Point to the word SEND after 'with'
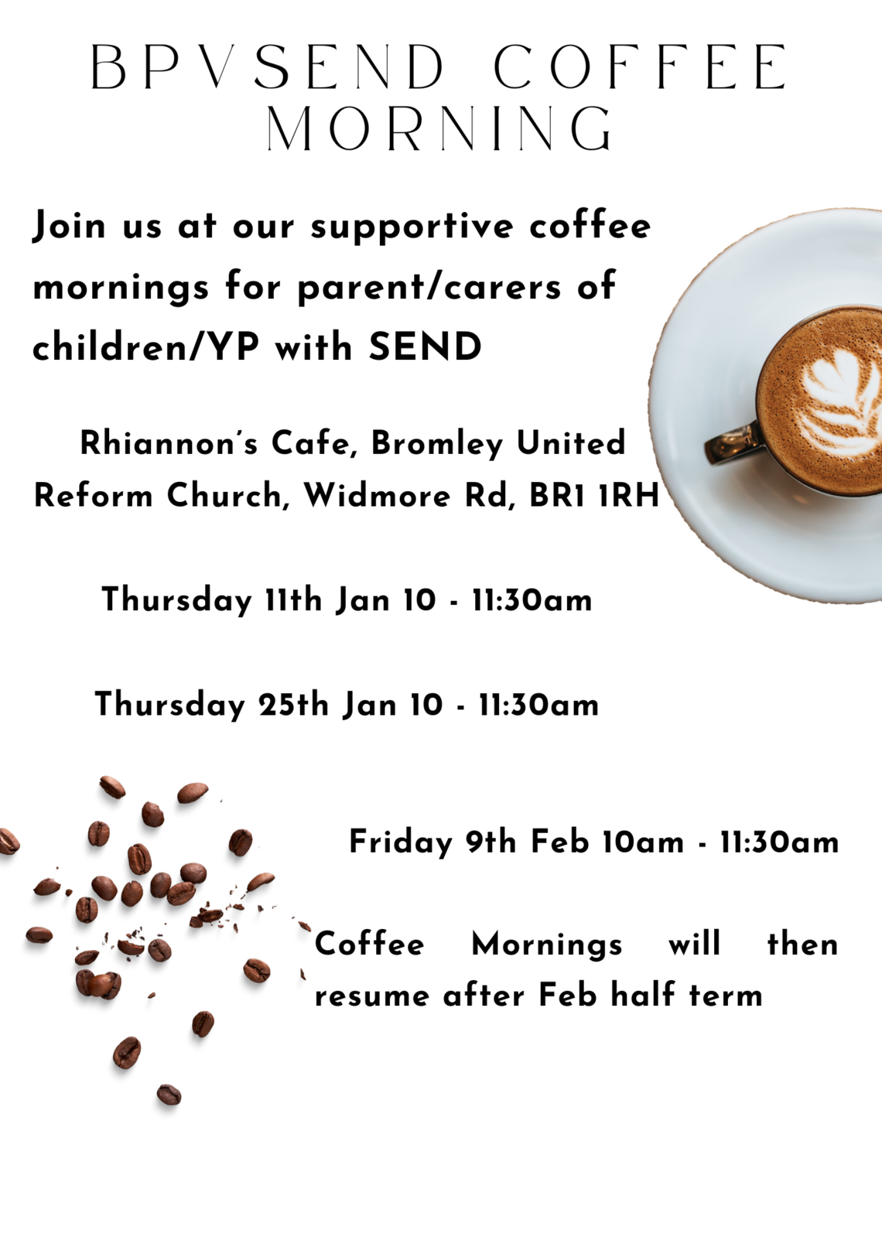point(425,347)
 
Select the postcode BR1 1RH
point(594,495)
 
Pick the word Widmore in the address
point(377,495)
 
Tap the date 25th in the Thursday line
point(293,705)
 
